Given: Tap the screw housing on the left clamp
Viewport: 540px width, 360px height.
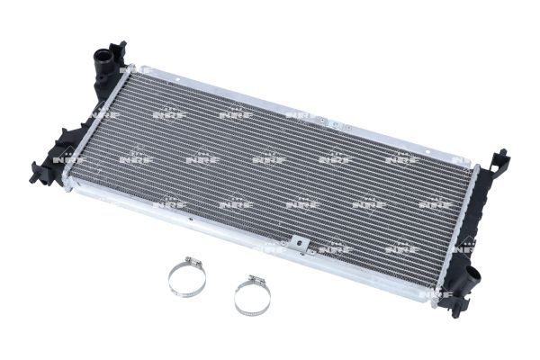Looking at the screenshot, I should [x=192, y=264].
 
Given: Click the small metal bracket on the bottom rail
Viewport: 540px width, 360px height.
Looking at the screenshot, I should [x=294, y=243].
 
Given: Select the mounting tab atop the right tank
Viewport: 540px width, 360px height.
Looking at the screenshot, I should [x=496, y=159].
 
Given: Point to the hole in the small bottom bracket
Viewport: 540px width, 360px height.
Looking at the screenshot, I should [x=295, y=242].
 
